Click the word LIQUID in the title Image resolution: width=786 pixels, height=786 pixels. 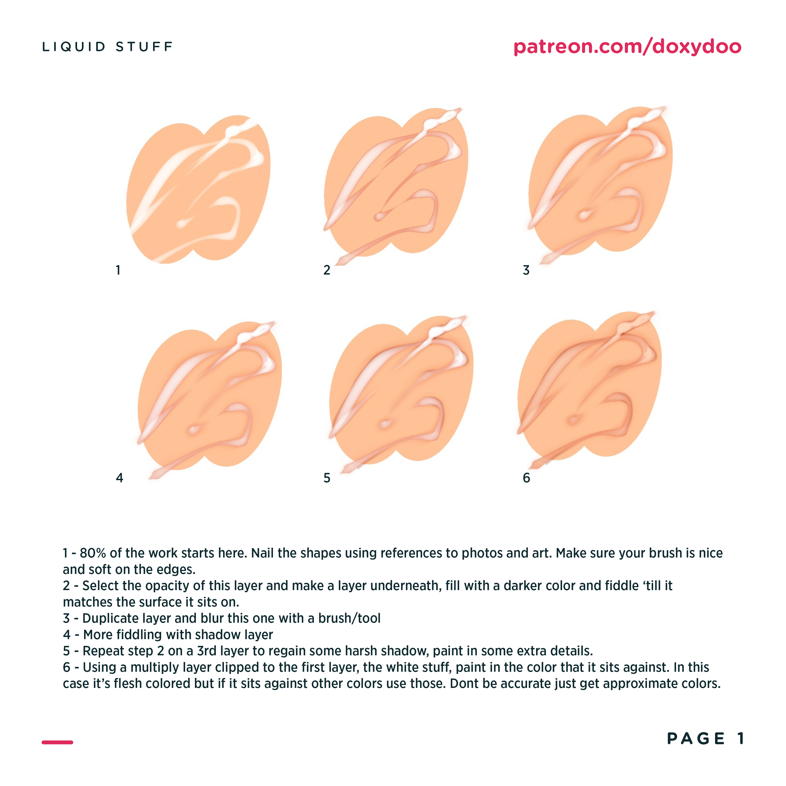tap(74, 47)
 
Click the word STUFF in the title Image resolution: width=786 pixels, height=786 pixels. tap(144, 47)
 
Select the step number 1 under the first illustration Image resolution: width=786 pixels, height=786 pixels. tap(118, 270)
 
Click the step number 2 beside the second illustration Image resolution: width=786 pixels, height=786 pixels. tap(327, 270)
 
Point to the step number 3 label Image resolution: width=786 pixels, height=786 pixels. tap(526, 270)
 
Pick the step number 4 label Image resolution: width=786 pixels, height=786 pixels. tap(119, 478)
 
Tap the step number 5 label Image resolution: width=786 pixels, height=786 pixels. tap(327, 478)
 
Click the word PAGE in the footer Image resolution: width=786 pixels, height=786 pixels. tap(696, 738)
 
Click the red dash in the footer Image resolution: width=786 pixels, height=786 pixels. tap(57, 742)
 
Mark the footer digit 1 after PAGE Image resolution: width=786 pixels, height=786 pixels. tap(741, 738)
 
